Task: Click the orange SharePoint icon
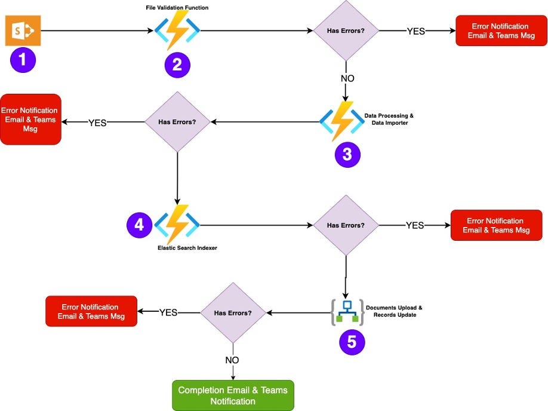pos(23,31)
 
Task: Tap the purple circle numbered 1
pos(23,60)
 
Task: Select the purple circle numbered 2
pos(177,65)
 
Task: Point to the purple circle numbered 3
pos(347,153)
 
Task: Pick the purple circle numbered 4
pos(139,225)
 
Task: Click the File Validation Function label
pos(177,7)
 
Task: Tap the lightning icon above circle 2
pos(177,31)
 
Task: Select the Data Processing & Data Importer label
pos(389,118)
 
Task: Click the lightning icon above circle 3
pos(341,121)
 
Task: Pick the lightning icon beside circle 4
pos(177,225)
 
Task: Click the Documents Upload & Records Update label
pos(394,311)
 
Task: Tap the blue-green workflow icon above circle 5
pos(347,312)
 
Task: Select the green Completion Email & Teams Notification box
pos(233,395)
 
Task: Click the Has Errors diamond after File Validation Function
pos(346,30)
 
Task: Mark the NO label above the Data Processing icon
pos(346,78)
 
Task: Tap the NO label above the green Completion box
pos(233,360)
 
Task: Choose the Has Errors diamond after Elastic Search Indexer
pos(346,225)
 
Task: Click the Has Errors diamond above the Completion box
pos(233,312)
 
